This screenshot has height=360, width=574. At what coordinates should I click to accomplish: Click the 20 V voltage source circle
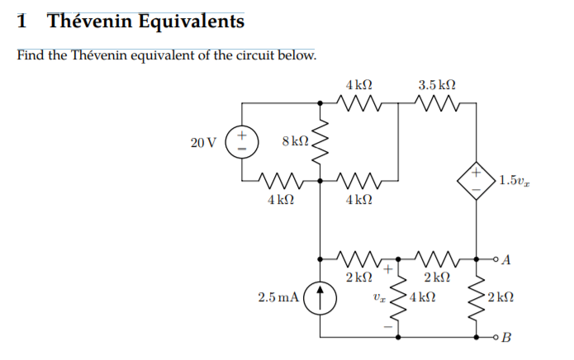point(242,141)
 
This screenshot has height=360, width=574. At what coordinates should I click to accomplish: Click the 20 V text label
point(203,142)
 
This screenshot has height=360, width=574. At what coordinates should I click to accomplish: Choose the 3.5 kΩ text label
point(437,84)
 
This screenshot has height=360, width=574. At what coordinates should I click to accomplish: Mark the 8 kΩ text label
point(295,141)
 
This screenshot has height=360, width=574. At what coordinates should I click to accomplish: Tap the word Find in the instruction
point(31,56)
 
